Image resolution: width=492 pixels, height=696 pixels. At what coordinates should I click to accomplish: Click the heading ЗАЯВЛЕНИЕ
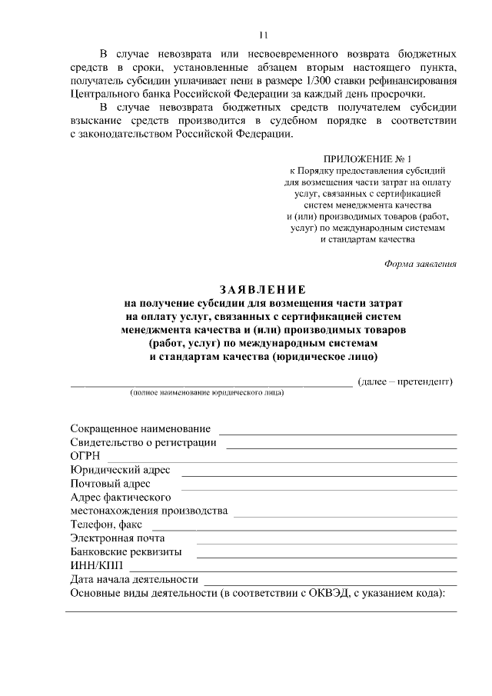coord(263,290)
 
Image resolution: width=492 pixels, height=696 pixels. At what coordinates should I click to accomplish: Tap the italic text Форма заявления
coord(421,264)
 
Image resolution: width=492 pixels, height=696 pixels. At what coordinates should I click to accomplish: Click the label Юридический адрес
coord(121,470)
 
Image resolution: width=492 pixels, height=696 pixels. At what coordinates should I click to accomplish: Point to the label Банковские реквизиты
coord(126,552)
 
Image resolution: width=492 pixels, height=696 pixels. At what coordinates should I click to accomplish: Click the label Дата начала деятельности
coord(135,580)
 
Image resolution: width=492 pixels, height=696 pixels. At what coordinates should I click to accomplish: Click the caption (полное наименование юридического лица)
coord(207,393)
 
